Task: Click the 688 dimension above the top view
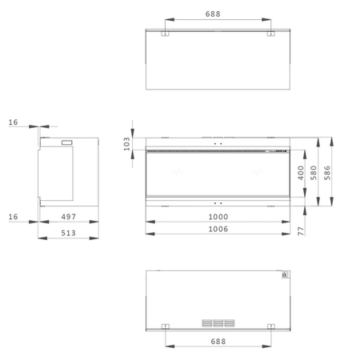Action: click(213, 14)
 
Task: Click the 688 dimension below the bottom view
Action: click(218, 342)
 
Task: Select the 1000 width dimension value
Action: click(218, 217)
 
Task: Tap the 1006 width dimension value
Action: click(218, 229)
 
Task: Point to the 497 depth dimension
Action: click(69, 217)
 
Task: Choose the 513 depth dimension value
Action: click(68, 233)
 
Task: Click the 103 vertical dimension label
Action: click(126, 144)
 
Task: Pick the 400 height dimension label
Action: click(301, 173)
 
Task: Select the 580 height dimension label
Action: click(314, 173)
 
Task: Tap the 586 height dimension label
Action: click(327, 173)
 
